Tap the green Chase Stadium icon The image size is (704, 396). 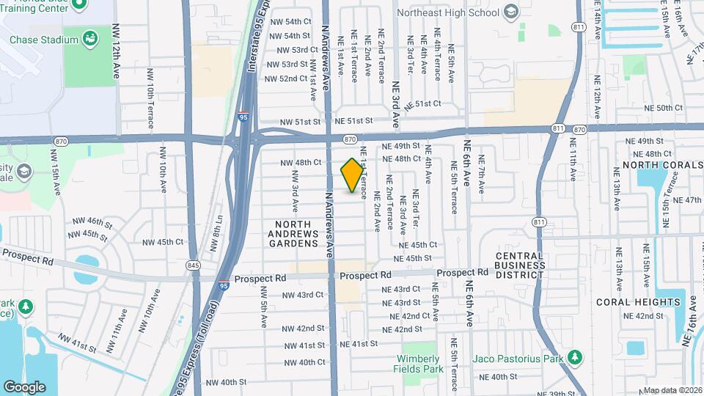[92, 37]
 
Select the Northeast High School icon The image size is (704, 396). [511, 12]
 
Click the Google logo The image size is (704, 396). [25, 386]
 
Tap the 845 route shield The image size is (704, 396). [194, 265]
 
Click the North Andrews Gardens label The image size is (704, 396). [298, 233]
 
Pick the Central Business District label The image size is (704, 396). [519, 265]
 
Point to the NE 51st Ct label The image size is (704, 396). [422, 104]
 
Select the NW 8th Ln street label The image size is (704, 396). [218, 230]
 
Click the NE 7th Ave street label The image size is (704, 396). [482, 173]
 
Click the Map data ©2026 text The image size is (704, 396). [672, 390]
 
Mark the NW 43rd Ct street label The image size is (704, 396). [303, 295]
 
